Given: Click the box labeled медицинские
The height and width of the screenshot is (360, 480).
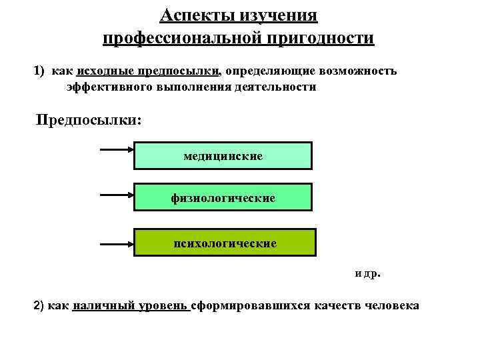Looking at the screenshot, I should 223,156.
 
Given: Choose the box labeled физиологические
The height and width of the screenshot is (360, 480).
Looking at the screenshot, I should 223,198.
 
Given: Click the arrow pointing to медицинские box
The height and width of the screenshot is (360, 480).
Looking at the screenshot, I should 117,151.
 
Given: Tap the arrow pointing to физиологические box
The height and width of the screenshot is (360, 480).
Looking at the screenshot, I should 117,195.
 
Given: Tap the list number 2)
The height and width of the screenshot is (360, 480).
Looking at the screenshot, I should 41,306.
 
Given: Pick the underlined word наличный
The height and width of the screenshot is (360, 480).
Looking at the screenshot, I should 100,306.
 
